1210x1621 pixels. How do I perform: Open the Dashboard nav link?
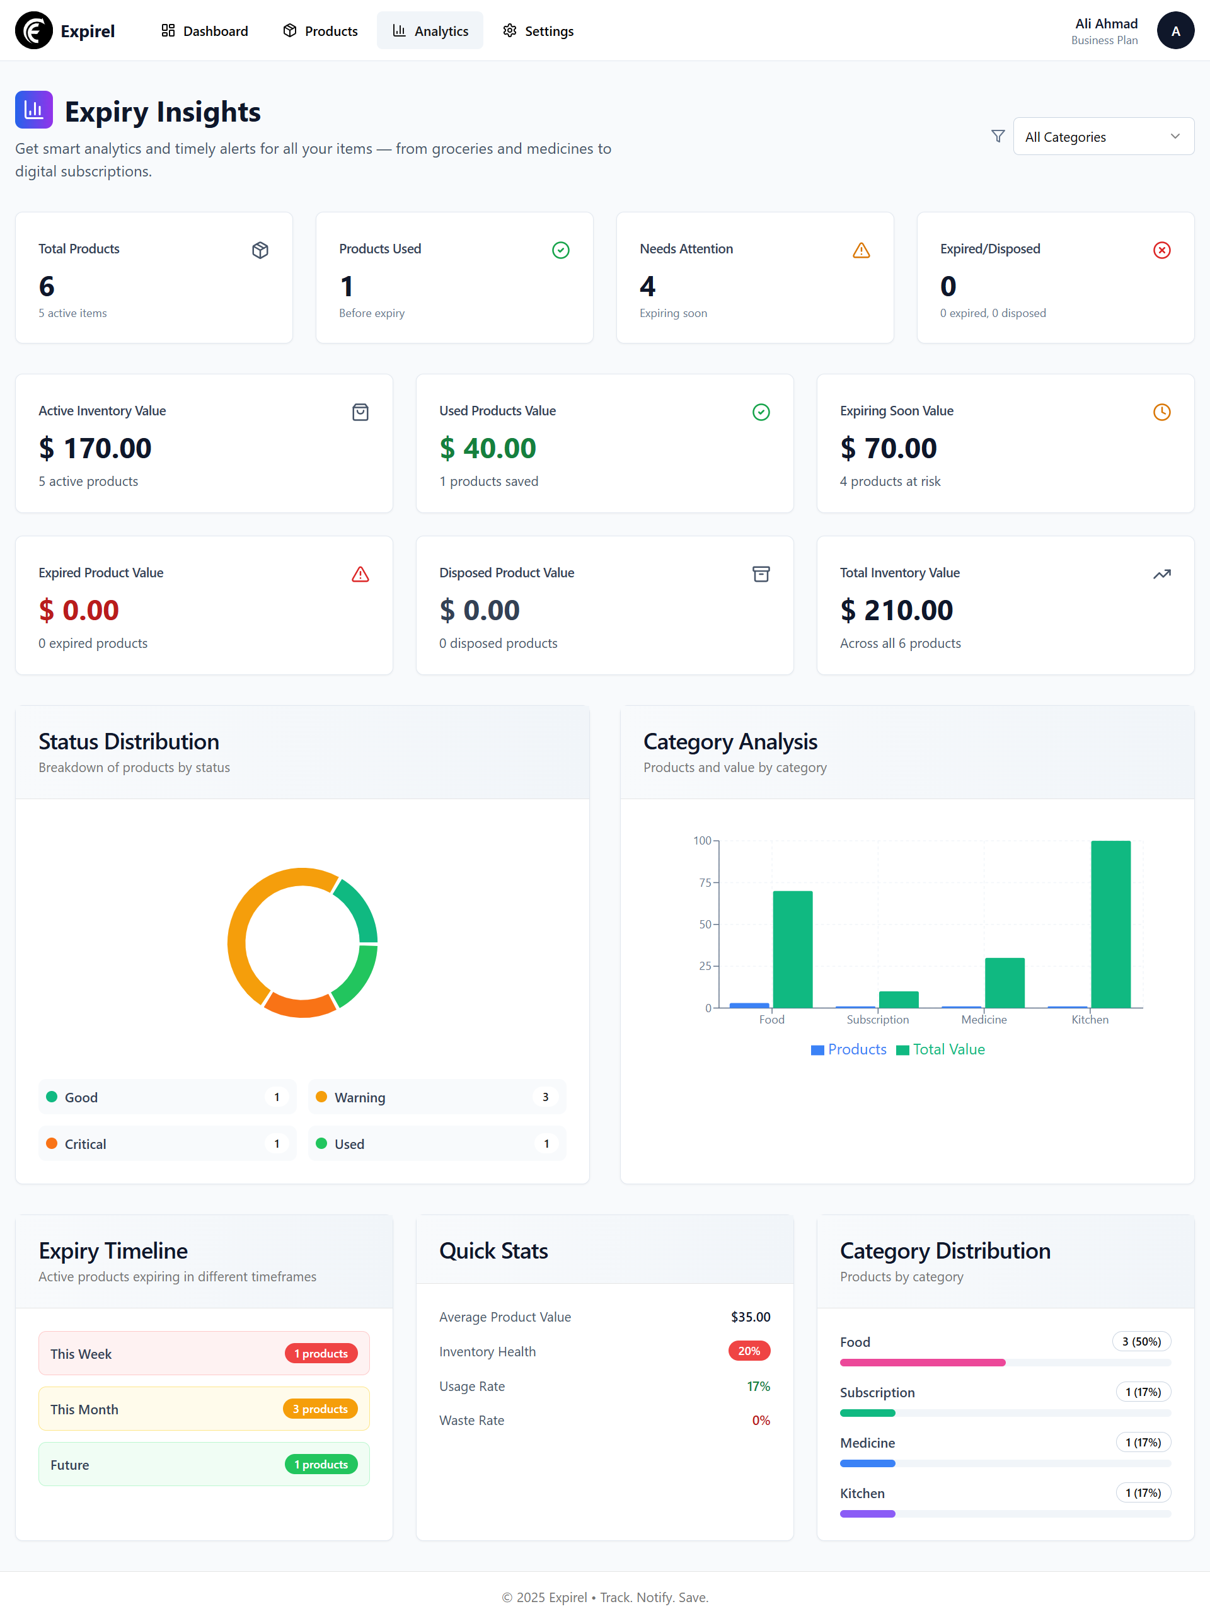tap(204, 31)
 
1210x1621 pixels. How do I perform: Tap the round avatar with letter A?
tap(1175, 31)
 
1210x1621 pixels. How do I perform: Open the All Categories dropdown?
tap(1102, 137)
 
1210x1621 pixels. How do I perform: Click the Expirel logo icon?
tap(33, 31)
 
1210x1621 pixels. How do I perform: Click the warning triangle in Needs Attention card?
tap(861, 250)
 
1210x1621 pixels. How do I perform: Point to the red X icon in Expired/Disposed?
tap(1161, 250)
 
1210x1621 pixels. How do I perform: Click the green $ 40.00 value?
tap(488, 448)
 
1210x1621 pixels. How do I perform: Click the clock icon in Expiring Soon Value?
tap(1161, 412)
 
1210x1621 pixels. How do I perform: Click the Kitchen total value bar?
tap(1110, 925)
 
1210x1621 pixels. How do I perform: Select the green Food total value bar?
tap(793, 949)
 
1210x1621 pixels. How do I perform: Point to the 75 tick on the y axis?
tap(705, 882)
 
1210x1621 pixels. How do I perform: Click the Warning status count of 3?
tap(545, 1097)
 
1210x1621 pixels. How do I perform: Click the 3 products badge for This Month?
tap(320, 1409)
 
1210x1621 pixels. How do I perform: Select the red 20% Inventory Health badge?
tap(749, 1351)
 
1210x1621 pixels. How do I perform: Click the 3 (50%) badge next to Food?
tap(1141, 1341)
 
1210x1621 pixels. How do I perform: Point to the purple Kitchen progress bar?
tap(867, 1513)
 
